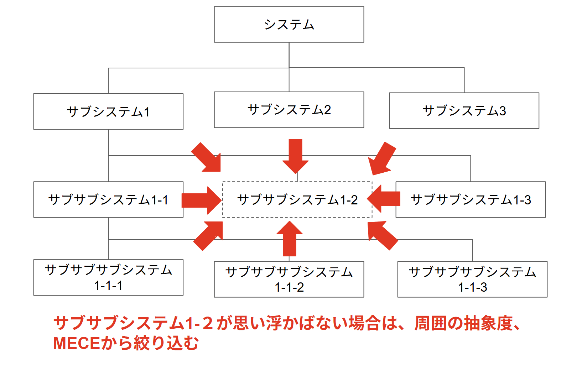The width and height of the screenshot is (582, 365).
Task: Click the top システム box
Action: pyautogui.click(x=289, y=25)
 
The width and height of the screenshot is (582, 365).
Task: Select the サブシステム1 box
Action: pyautogui.click(x=108, y=111)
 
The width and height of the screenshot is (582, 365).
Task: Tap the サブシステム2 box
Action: pyautogui.click(x=289, y=110)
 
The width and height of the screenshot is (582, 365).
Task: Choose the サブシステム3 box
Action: pyautogui.click(x=464, y=110)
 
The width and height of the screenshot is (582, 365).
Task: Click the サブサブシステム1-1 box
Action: pyautogui.click(x=108, y=199)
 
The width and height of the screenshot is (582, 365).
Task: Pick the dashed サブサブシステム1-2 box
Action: pyautogui.click(x=297, y=199)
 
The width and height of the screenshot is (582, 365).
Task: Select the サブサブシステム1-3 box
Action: pyautogui.click(x=471, y=199)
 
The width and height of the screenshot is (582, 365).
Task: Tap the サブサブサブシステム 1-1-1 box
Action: pyautogui.click(x=108, y=277)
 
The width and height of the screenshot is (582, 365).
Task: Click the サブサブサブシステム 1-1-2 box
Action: pyautogui.click(x=289, y=279)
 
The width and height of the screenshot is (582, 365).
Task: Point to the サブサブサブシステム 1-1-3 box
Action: pyautogui.click(x=472, y=279)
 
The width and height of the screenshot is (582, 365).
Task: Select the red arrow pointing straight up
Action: pyautogui.click(x=290, y=239)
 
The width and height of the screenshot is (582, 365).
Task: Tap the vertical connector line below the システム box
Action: pyautogui.click(x=289, y=55)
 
